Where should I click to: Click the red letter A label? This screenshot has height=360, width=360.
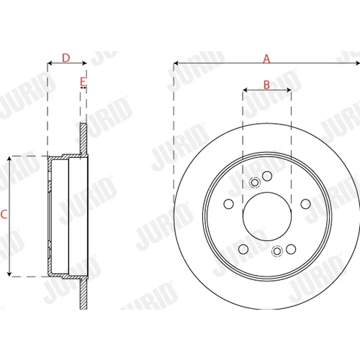pos(266,58)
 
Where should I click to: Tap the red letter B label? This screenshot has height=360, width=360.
pos(266,84)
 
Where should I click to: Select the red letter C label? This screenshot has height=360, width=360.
pos(4,215)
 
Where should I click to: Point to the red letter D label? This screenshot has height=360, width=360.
pos(66,58)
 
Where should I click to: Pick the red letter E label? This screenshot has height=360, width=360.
pos(83,82)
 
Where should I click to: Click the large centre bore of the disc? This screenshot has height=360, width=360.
pos(267,217)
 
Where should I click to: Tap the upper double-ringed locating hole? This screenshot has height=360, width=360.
pos(255,183)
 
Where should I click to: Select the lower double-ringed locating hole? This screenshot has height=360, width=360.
pos(277,251)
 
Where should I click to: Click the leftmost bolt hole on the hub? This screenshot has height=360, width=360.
pos(228,204)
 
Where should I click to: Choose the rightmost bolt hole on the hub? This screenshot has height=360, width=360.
pos(306,204)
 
